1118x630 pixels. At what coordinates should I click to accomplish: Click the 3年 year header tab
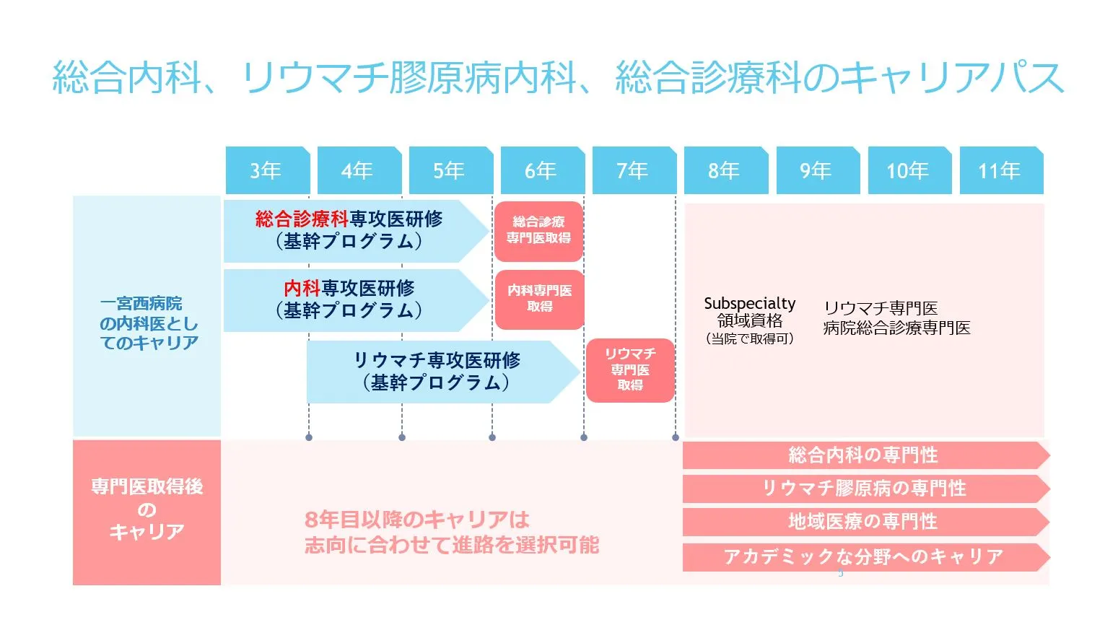(x=267, y=171)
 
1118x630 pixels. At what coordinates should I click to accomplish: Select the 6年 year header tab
(x=542, y=171)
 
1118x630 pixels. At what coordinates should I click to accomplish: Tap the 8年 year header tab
(x=725, y=171)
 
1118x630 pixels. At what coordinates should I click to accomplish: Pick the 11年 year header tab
(x=1001, y=171)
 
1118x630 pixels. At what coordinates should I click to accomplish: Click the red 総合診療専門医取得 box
(x=539, y=231)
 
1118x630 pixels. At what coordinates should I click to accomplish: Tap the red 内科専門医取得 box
(x=539, y=299)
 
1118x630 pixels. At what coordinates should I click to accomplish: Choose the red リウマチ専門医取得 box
(x=630, y=369)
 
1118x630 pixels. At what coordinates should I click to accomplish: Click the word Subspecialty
(x=749, y=304)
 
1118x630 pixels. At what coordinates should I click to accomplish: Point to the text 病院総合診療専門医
(x=896, y=328)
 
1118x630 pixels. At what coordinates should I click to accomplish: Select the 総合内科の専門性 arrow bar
(x=863, y=455)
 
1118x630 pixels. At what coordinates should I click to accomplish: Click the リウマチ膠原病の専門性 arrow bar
(x=863, y=489)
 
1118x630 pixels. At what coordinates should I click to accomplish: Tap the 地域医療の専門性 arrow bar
(x=863, y=522)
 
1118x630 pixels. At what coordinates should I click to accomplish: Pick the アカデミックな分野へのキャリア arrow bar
(x=863, y=557)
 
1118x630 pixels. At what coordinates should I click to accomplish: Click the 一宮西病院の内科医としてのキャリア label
(x=148, y=323)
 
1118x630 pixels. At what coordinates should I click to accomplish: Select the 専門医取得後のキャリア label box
(x=147, y=511)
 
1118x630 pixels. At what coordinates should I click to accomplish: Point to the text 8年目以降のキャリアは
(x=417, y=520)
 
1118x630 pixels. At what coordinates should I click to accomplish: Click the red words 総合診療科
(x=302, y=219)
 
